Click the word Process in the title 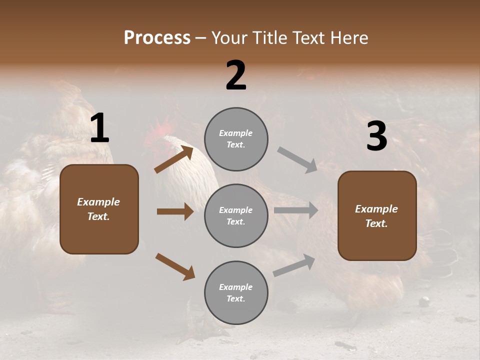pyautogui.click(x=157, y=38)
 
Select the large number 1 pyautogui.click(x=99, y=128)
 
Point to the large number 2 pyautogui.click(x=236, y=75)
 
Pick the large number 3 pyautogui.click(x=376, y=136)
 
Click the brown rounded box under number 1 pyautogui.click(x=99, y=209)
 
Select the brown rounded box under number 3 pyautogui.click(x=377, y=216)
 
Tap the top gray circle pyautogui.click(x=236, y=139)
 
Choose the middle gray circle pyautogui.click(x=236, y=215)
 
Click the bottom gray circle pyautogui.click(x=236, y=292)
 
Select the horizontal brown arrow pyautogui.click(x=175, y=211)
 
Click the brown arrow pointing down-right pyautogui.click(x=175, y=266)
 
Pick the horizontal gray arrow pyautogui.click(x=296, y=210)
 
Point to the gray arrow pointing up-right pyautogui.click(x=294, y=265)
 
